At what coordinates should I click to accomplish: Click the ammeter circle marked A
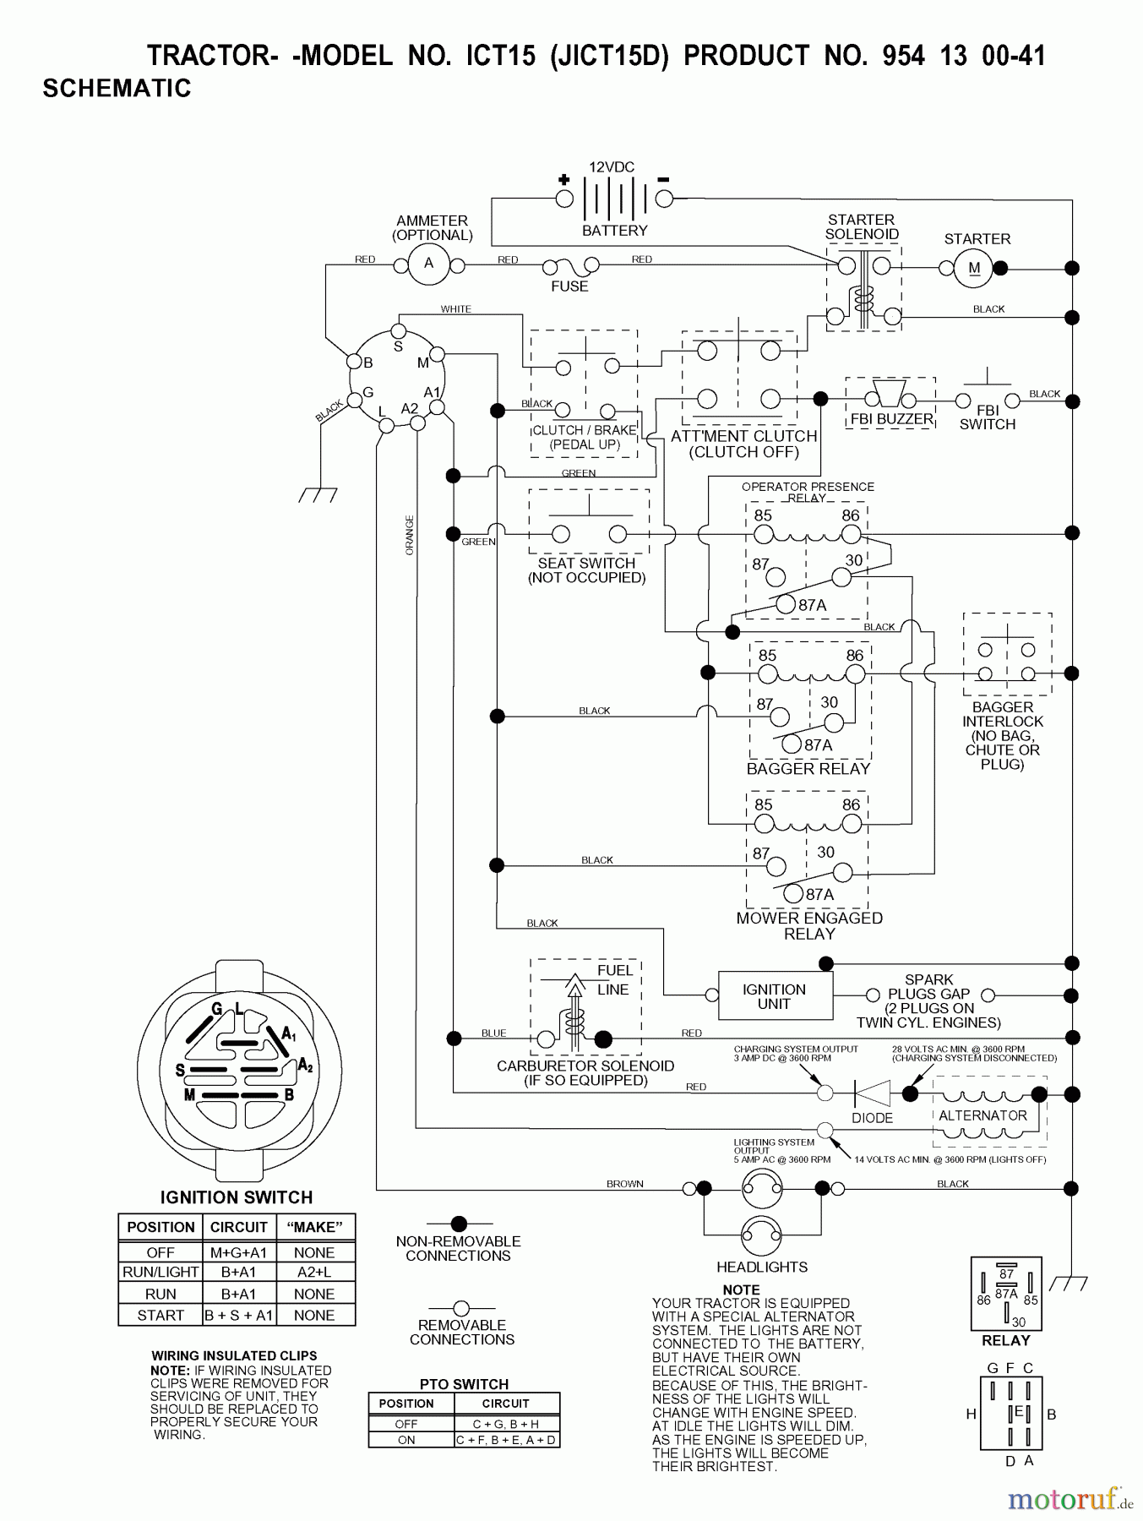[428, 264]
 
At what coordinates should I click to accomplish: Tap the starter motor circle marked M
[974, 269]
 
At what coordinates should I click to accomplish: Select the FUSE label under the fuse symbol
[569, 286]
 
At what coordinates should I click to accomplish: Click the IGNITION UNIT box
[775, 996]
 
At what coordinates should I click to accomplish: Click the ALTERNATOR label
[982, 1115]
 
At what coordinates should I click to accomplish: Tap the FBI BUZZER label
[891, 419]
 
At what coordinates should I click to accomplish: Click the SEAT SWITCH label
[586, 563]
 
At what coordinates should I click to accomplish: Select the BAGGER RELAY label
[808, 769]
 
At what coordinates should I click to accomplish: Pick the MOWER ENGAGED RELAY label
[809, 926]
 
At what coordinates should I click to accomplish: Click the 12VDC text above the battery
[612, 167]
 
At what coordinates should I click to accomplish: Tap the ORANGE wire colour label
[411, 535]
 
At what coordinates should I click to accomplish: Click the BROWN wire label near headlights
[625, 1184]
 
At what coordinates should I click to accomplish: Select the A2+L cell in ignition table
[313, 1272]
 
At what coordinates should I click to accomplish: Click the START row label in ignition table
[161, 1315]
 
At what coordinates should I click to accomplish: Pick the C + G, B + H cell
[505, 1424]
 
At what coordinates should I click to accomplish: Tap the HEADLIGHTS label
[762, 1267]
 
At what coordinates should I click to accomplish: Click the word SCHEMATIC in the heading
[117, 89]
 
